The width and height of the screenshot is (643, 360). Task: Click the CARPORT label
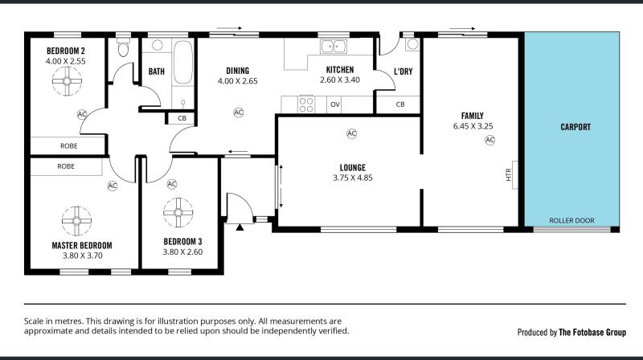575,127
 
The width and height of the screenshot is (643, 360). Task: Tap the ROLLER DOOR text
571,221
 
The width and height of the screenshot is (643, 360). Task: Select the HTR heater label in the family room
509,174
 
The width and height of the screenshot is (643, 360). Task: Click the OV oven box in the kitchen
335,104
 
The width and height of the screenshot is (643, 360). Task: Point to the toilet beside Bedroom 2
123,48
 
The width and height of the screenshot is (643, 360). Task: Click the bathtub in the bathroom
183,62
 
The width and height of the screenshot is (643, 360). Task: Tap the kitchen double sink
333,47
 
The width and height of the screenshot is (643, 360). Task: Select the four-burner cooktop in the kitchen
306,104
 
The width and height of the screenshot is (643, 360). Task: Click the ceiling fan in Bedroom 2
67,81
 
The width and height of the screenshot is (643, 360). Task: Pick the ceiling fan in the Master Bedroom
76,221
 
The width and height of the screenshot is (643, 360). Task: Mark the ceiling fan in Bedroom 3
178,212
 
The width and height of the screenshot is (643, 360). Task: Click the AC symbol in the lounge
351,133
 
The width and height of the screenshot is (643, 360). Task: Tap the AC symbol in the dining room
238,112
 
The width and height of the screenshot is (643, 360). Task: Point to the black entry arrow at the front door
240,227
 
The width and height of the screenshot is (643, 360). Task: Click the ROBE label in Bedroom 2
69,146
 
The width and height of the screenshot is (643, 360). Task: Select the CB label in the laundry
400,104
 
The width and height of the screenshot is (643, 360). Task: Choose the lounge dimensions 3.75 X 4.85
353,178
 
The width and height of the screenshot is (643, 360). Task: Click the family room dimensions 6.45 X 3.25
473,126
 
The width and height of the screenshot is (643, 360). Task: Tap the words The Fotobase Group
592,332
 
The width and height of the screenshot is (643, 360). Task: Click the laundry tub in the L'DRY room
412,44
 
